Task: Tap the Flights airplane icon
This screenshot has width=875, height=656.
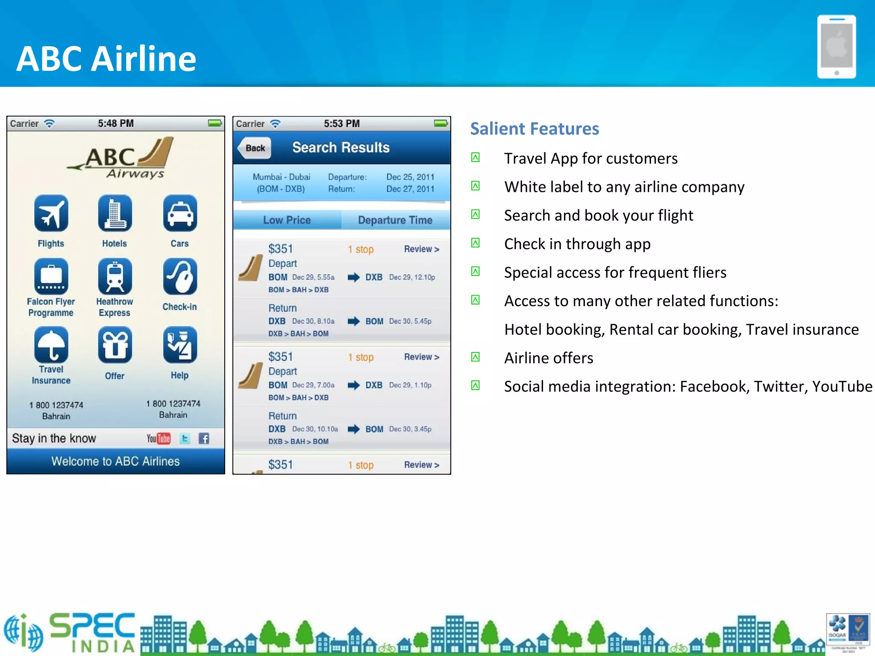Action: (x=51, y=213)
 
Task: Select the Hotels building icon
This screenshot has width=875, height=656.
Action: (x=115, y=213)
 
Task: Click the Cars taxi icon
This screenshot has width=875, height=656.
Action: (x=180, y=213)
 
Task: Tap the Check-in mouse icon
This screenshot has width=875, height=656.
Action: (x=180, y=277)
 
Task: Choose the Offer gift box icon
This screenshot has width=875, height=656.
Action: (x=115, y=345)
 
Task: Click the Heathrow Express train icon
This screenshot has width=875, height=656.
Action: (x=115, y=277)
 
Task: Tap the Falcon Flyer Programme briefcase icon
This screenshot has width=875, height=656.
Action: (x=51, y=277)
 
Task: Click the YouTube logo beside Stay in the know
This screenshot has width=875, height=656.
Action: (x=159, y=439)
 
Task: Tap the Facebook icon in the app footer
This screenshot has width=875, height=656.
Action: (x=204, y=439)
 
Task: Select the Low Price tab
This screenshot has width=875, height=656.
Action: (x=287, y=220)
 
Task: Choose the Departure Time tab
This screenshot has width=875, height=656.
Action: (x=395, y=220)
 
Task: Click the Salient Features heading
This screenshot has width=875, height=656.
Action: (x=534, y=129)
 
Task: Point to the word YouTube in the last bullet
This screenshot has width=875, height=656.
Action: (x=842, y=387)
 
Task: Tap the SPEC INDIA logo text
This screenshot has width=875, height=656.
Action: (x=92, y=632)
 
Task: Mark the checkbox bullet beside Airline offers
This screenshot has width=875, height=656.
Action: (x=475, y=357)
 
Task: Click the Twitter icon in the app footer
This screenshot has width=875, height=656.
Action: (x=185, y=439)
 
